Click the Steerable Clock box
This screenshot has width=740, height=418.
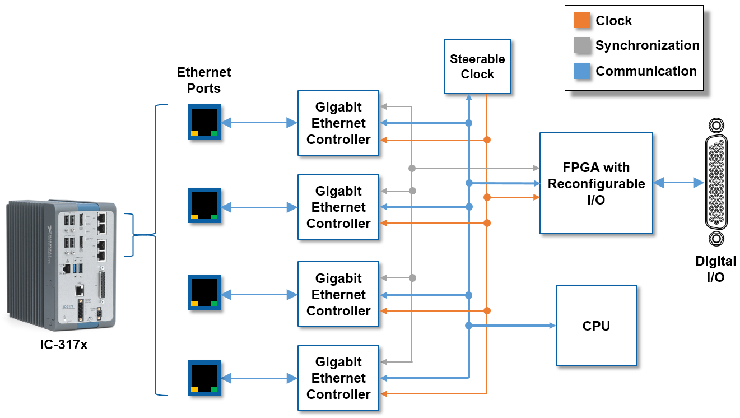click(477, 66)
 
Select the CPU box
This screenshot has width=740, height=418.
click(596, 326)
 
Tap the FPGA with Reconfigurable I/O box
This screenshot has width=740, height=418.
click(596, 183)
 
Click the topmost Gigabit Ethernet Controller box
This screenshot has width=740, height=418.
click(338, 123)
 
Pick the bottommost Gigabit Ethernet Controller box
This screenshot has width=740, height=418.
click(338, 378)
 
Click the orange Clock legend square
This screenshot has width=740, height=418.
click(582, 21)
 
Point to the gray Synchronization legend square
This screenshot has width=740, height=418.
click(582, 46)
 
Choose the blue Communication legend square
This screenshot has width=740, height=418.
click(582, 71)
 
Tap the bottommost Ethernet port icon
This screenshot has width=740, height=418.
click(204, 378)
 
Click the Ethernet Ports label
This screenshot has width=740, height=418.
click(204, 80)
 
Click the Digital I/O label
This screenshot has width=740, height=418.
click(715, 268)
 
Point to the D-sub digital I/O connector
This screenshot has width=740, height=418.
click(715, 183)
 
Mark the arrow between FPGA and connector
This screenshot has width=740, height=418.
click(678, 183)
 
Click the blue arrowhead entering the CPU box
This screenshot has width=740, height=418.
click(551, 326)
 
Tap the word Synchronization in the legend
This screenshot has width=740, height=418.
click(647, 46)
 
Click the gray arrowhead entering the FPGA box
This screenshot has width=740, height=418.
click(535, 168)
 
